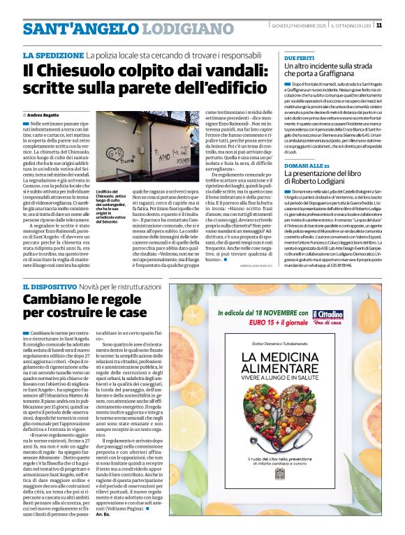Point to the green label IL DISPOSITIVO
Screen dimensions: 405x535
tap(52, 287)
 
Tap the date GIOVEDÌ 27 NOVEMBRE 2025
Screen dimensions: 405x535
tap(297, 26)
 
